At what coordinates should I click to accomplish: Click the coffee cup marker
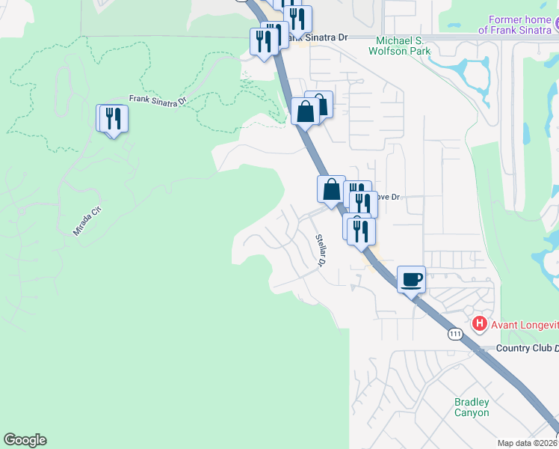[x=411, y=280]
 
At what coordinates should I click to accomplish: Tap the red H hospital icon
[x=480, y=324]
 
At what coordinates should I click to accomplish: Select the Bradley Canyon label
[x=472, y=407]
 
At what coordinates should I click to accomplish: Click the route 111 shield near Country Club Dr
[x=455, y=335]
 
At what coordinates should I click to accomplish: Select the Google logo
[x=25, y=440]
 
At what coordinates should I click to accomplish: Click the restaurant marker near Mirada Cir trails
[x=114, y=119]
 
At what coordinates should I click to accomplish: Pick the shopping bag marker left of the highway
[x=331, y=189]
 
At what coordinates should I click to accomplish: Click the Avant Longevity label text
[x=524, y=324]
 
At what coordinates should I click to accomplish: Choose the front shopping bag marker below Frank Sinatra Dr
[x=306, y=112]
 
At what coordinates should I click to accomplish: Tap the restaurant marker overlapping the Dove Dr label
[x=363, y=204]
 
